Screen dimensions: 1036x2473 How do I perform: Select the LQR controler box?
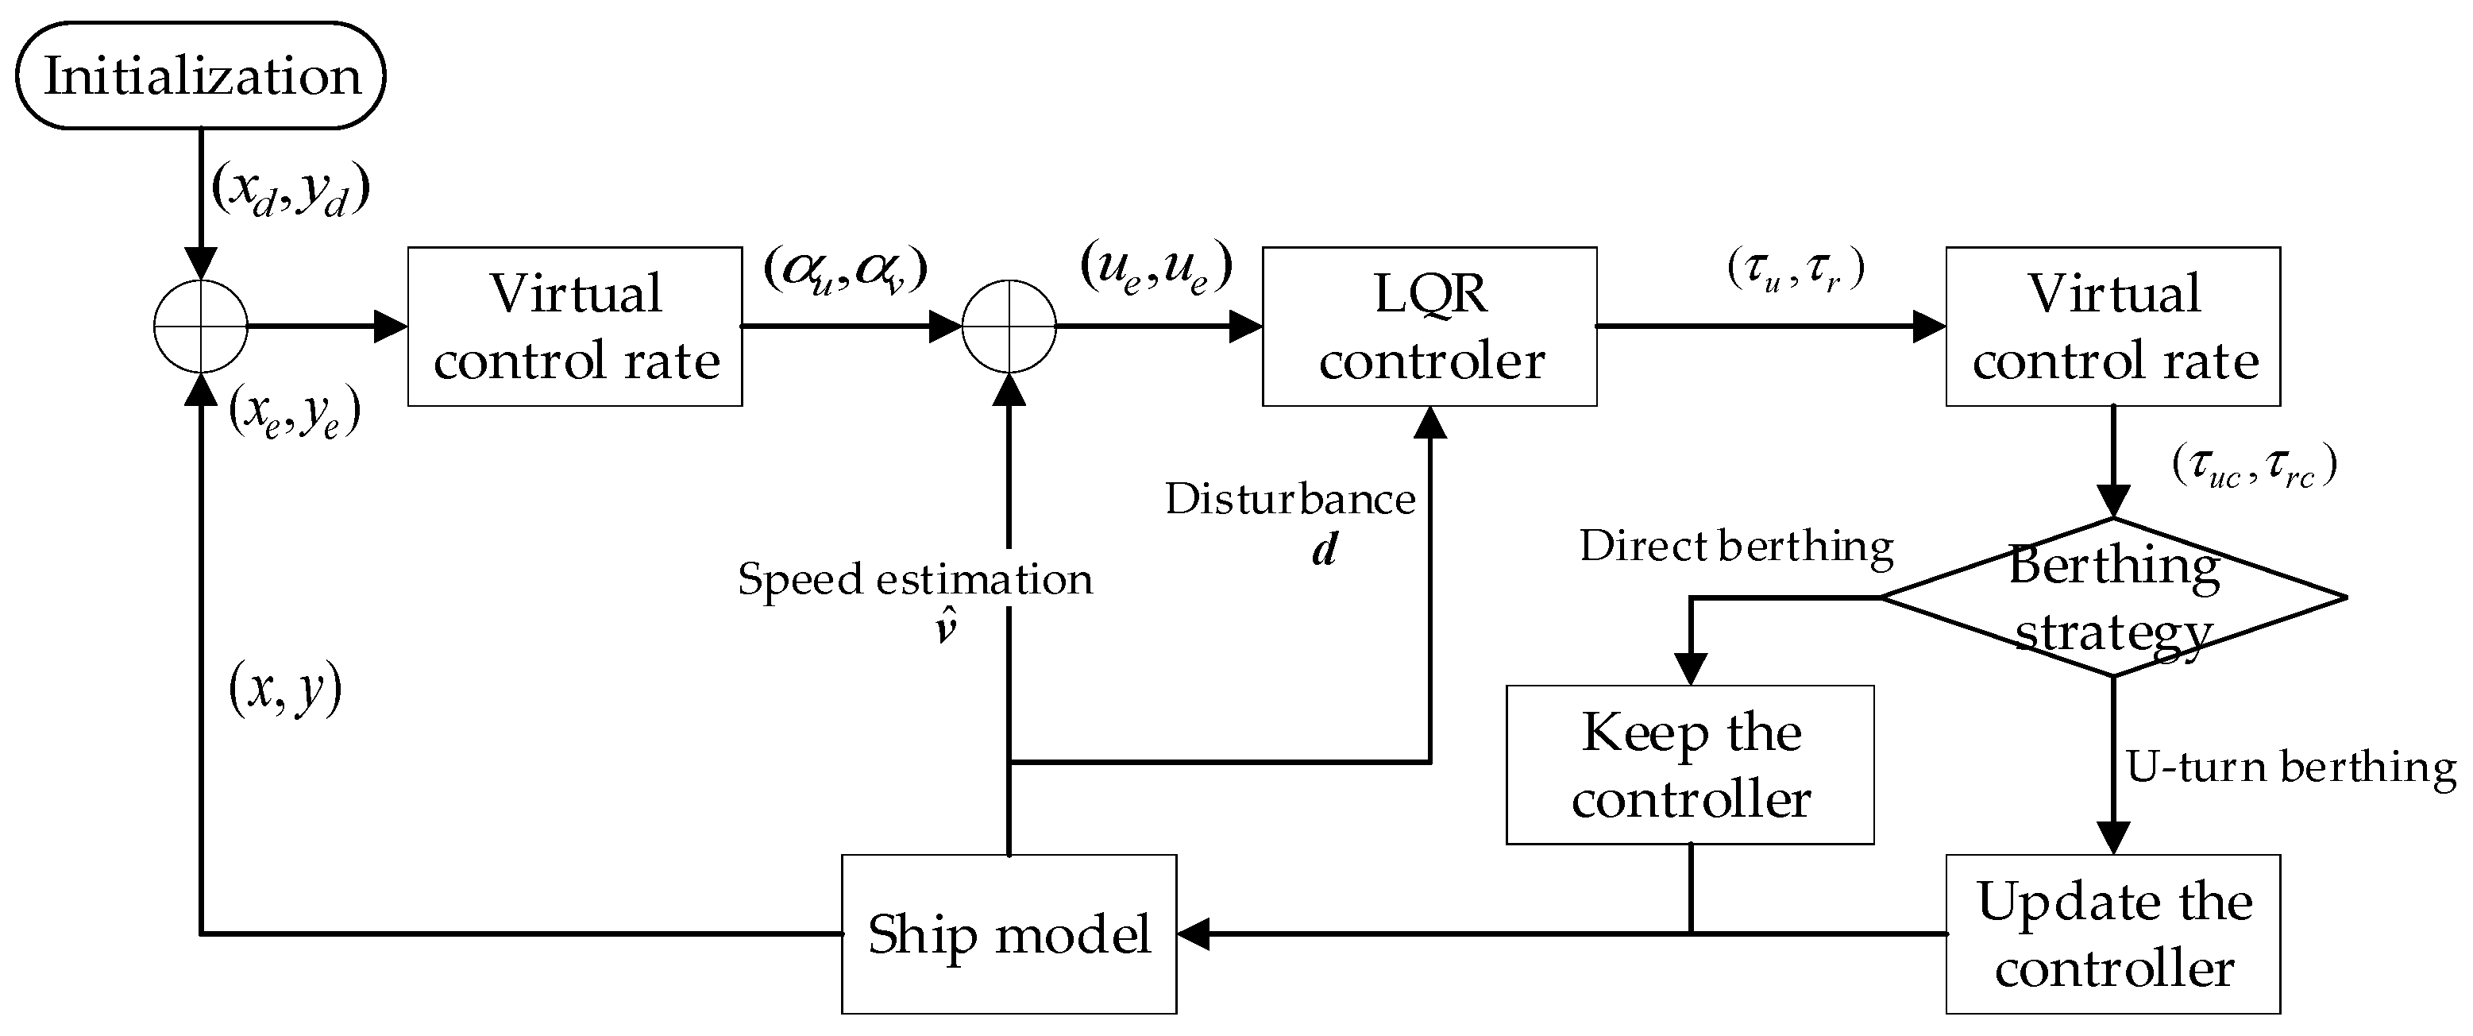[1429, 327]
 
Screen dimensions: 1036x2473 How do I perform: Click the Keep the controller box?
[1690, 764]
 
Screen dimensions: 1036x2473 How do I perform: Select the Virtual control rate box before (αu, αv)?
[574, 327]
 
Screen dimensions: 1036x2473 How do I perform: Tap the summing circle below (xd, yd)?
[201, 327]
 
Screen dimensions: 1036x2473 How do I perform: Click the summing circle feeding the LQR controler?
[1009, 327]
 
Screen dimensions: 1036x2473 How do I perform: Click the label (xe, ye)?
[295, 413]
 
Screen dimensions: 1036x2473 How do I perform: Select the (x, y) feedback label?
[285, 689]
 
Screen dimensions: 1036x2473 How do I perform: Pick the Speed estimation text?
[914, 580]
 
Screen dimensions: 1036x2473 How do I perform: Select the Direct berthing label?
[1736, 547]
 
